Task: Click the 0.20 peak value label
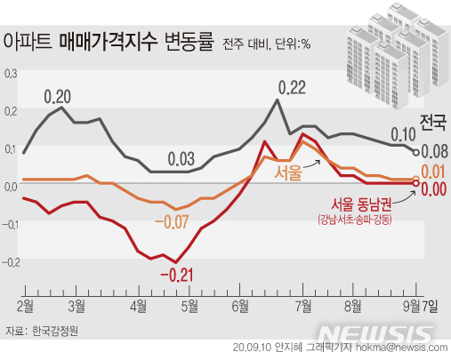pyautogui.click(x=59, y=95)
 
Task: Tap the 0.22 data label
pyautogui.click(x=292, y=87)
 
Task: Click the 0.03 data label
pyautogui.click(x=181, y=160)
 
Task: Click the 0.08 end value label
pyautogui.click(x=434, y=152)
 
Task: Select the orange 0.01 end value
pyautogui.click(x=434, y=172)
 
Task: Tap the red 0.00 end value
pyautogui.click(x=434, y=188)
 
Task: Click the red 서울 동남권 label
pyautogui.click(x=361, y=204)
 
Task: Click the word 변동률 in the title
pyautogui.click(x=188, y=42)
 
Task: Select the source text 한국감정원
pyautogui.click(x=55, y=331)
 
